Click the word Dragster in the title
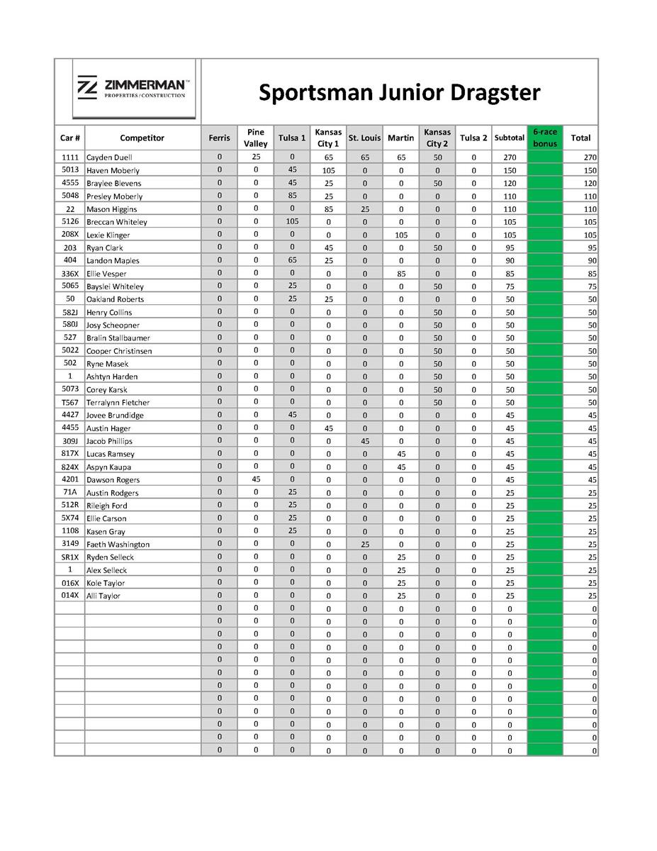tap(490, 92)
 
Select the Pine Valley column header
tap(256, 138)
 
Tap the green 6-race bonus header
tap(545, 138)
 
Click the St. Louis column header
tap(364, 138)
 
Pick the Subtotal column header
tap(510, 138)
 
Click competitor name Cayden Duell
tap(109, 157)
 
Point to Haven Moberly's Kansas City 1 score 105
tap(328, 170)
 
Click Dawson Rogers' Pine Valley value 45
tap(256, 479)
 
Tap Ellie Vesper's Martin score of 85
tap(401, 273)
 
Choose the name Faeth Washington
tap(118, 544)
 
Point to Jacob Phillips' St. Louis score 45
tap(364, 441)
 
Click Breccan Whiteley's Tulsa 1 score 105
tap(292, 221)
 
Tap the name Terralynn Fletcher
tap(118, 402)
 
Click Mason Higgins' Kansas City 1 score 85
tap(328, 209)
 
